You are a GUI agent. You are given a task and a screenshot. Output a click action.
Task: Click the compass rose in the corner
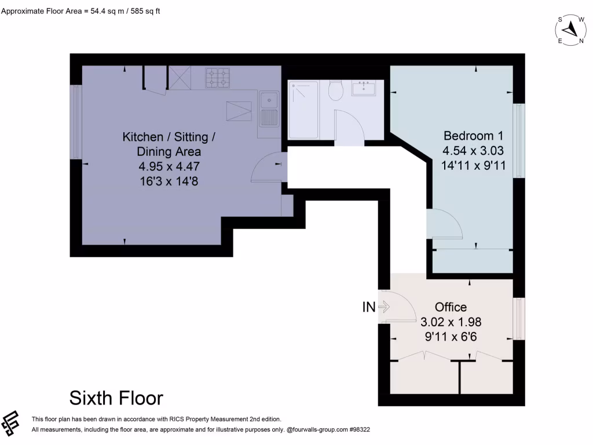pos(571,29)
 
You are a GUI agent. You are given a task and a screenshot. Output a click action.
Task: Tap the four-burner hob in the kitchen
pos(217,78)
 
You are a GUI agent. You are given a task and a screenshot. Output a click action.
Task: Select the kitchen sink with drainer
pos(269,110)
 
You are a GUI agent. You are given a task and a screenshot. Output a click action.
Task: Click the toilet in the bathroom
pos(335,90)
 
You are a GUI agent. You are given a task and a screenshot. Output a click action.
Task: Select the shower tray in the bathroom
pos(303,110)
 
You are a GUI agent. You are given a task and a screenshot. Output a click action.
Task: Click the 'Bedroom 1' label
pos(473,136)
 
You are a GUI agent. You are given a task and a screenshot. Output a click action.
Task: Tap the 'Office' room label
pos(451,307)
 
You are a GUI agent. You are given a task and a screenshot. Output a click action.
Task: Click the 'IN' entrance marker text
pos(369,308)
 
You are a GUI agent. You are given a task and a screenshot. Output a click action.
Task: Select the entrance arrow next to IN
pos(383,307)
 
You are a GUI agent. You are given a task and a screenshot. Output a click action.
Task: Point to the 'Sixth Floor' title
pos(116,398)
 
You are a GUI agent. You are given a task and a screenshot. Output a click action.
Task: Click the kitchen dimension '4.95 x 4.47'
pos(169,166)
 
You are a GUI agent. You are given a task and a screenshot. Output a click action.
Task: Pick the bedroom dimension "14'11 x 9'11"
pos(473,165)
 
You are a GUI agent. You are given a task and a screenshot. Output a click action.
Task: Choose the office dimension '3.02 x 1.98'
pos(451,322)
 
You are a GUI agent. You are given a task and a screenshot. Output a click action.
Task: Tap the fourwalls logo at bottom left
pos(11,425)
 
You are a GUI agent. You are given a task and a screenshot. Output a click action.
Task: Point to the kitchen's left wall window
pos(76,122)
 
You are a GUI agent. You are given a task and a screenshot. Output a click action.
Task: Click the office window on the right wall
pos(519,319)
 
